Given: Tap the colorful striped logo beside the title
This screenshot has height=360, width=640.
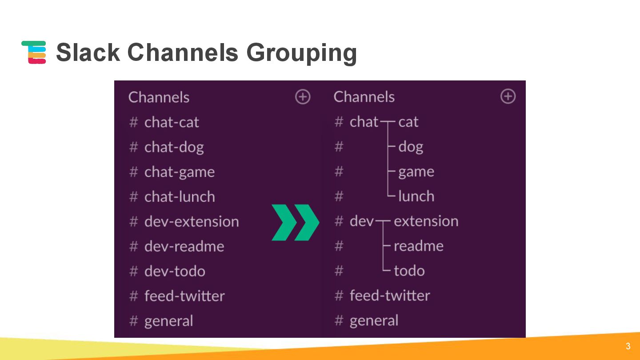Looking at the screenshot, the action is pyautogui.click(x=34, y=52).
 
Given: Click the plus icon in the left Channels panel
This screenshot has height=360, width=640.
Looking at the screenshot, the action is pyautogui.click(x=303, y=97).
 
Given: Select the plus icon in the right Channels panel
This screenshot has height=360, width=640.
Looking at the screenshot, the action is pyautogui.click(x=508, y=96).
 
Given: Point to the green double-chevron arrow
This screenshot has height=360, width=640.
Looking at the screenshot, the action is pyautogui.click(x=295, y=222).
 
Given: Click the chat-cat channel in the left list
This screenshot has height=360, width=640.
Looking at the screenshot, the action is pyautogui.click(x=172, y=122).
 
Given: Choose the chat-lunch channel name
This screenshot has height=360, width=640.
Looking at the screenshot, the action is pyautogui.click(x=180, y=196).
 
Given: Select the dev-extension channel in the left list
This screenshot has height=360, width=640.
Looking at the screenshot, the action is pyautogui.click(x=192, y=221).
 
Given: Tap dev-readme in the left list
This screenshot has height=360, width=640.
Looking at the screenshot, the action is pyautogui.click(x=184, y=246).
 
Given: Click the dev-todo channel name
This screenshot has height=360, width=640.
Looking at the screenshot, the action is pyautogui.click(x=175, y=271).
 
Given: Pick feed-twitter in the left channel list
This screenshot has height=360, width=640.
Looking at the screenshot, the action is pyautogui.click(x=184, y=296).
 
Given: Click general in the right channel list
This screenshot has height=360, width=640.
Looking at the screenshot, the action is pyautogui.click(x=374, y=320).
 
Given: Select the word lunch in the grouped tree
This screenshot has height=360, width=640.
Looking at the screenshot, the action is pyautogui.click(x=416, y=196).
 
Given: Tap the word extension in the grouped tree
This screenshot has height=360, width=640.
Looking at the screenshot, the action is pyautogui.click(x=426, y=221).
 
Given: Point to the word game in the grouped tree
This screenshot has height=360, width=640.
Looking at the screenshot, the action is pyautogui.click(x=416, y=172).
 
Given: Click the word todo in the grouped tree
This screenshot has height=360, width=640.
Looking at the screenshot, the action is pyautogui.click(x=409, y=271).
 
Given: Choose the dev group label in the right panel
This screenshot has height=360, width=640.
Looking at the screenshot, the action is pyautogui.click(x=362, y=221).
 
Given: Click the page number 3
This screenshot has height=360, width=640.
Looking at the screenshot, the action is pyautogui.click(x=628, y=346).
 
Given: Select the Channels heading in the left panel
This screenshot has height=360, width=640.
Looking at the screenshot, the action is pyautogui.click(x=159, y=97).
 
